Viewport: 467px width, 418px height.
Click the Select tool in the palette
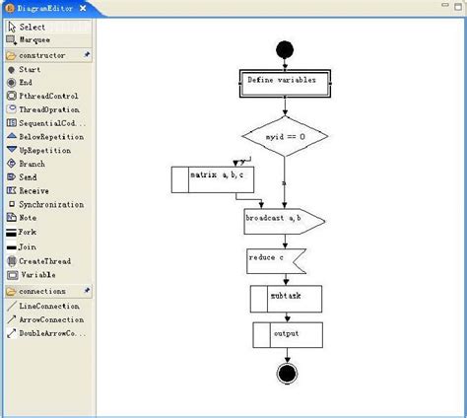[32, 27]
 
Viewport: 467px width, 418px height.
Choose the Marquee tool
[33, 40]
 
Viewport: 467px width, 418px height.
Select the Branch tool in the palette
[32, 164]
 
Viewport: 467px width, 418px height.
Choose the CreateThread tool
[44, 260]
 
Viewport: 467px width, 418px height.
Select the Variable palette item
[37, 274]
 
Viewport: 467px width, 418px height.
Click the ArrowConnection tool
[50, 319]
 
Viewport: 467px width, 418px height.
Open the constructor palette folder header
[42, 55]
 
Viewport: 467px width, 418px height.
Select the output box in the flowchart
[287, 334]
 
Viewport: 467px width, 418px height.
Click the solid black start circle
[286, 48]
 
